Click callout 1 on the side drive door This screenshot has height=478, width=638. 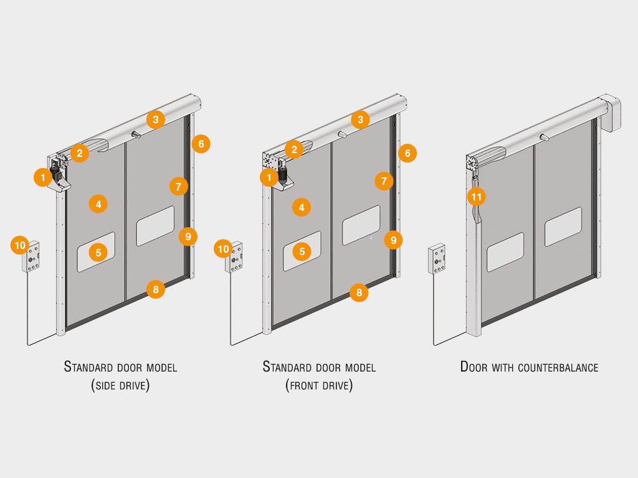coord(43,177)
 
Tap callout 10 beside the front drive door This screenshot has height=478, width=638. coord(224,249)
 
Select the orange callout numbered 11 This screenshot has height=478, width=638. coord(477,197)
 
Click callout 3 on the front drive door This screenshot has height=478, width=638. coord(360,119)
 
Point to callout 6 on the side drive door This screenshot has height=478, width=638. coord(201,144)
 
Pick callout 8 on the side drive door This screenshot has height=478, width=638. coord(156,289)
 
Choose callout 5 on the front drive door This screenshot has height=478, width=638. coord(302,251)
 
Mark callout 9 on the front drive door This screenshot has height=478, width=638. coord(394,240)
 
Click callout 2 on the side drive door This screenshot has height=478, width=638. coord(80,153)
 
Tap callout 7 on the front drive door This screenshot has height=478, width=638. coord(384,181)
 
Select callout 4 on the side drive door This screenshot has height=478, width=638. coord(98,204)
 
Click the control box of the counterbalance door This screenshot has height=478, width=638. coord(437,258)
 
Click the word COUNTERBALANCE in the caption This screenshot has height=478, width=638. coord(558,368)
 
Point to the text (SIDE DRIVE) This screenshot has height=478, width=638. coord(120,385)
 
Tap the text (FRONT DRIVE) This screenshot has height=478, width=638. coord(319,385)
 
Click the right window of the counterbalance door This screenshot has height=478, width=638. coord(563,227)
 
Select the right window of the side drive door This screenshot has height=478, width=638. coord(155,226)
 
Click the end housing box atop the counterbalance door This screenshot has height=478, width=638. coord(610,112)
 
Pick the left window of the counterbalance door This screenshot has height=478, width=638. coord(505,252)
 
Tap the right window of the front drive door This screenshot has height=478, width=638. coord(361,225)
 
